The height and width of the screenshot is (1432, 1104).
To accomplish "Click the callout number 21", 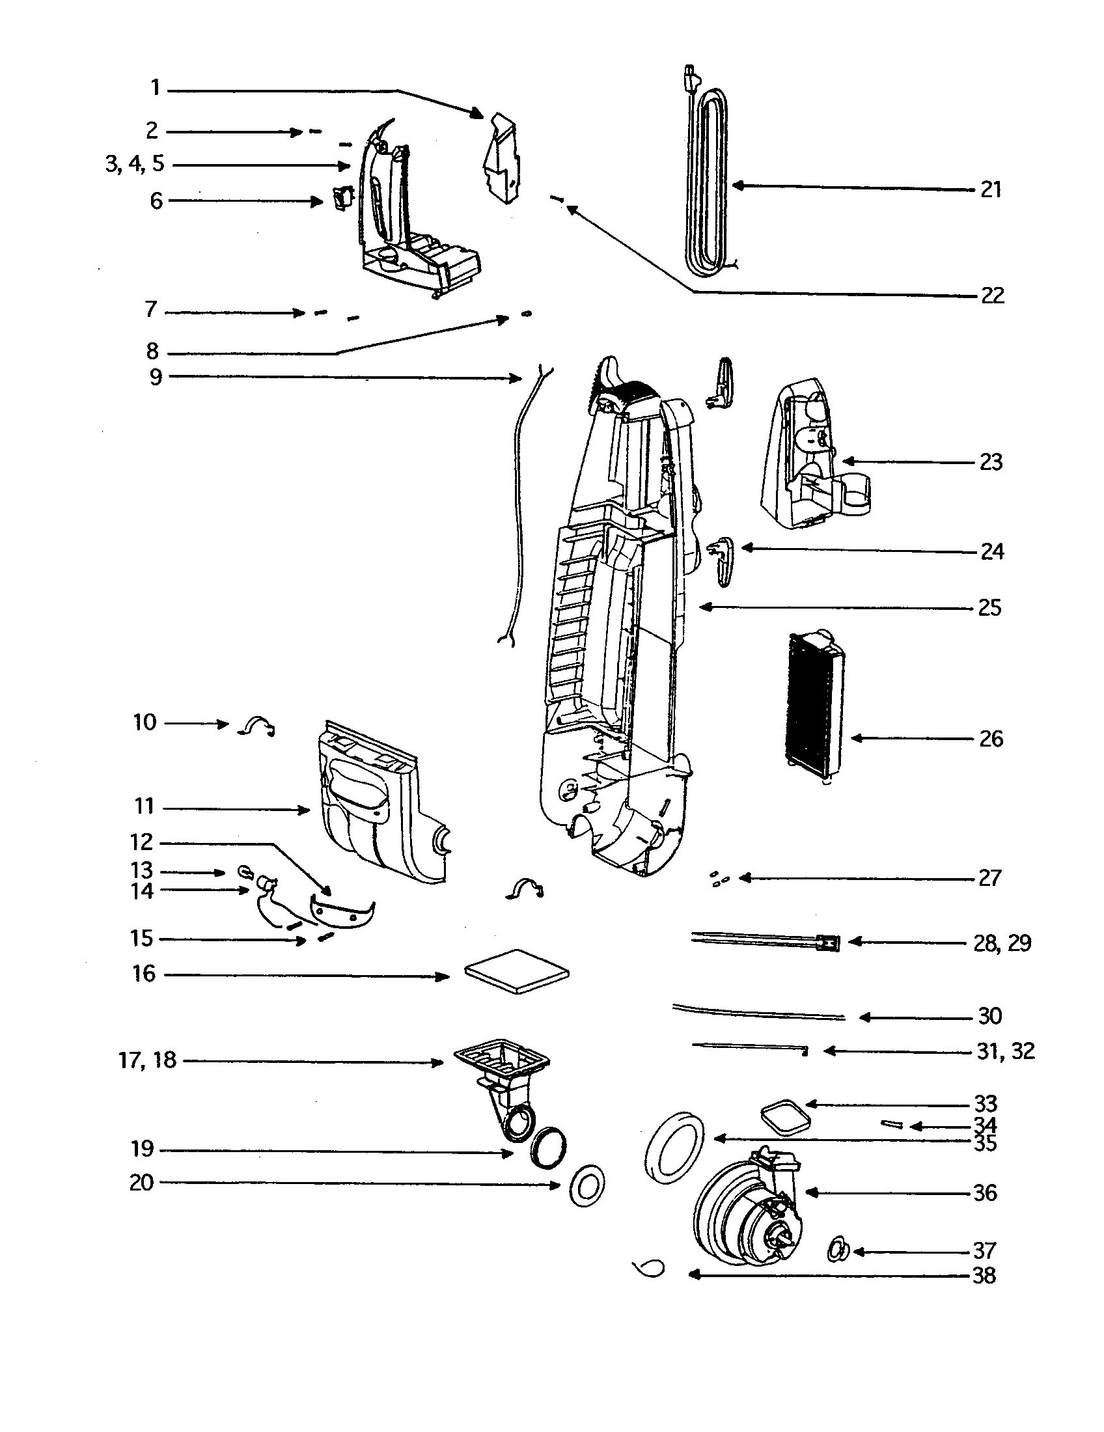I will [991, 190].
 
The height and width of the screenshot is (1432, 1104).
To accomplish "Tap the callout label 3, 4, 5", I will [135, 164].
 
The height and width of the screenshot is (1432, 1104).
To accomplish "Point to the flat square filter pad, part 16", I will [517, 971].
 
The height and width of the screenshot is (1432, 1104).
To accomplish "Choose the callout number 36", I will [986, 1192].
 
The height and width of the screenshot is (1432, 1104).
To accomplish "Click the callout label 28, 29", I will [1002, 943].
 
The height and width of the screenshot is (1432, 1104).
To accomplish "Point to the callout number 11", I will [144, 806].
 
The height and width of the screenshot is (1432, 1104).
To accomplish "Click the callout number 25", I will [989, 608].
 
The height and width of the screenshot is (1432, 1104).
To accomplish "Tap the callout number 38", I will [984, 1275].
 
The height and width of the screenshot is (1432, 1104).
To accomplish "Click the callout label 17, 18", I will [148, 1060].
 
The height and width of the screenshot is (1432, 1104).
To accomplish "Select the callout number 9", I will [156, 377].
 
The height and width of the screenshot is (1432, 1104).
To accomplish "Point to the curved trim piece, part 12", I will [342, 913].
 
